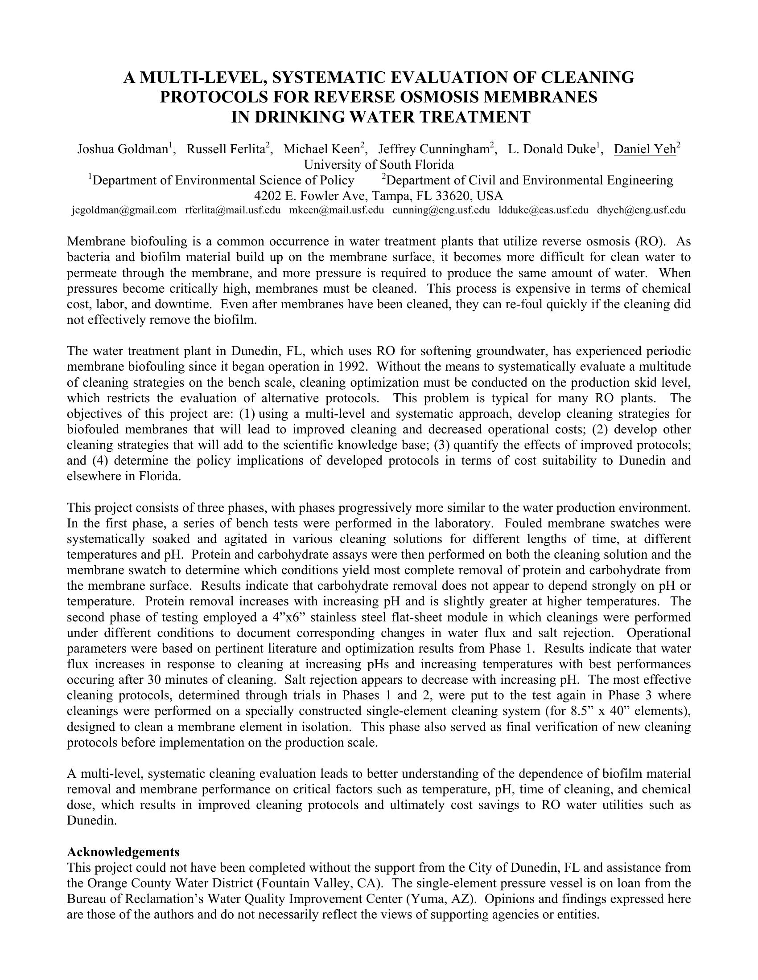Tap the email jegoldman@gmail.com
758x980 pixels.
pos(124,210)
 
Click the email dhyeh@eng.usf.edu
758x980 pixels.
pos(641,210)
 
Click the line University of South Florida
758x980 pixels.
pos(379,165)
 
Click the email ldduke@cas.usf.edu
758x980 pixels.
pos(544,210)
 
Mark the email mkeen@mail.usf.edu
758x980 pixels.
pos(336,210)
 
